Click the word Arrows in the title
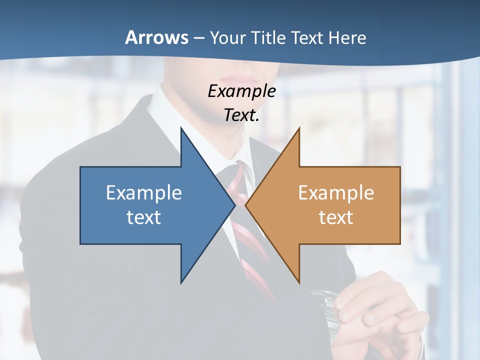(x=156, y=37)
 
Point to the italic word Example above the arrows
(x=241, y=91)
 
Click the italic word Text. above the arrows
(x=241, y=115)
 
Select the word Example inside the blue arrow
(x=144, y=192)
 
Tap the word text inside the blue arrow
(x=144, y=217)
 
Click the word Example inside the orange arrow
(x=336, y=192)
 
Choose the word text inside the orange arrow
(x=336, y=217)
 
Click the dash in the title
(x=198, y=38)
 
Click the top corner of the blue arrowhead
(x=181, y=128)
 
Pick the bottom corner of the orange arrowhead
(x=299, y=283)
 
